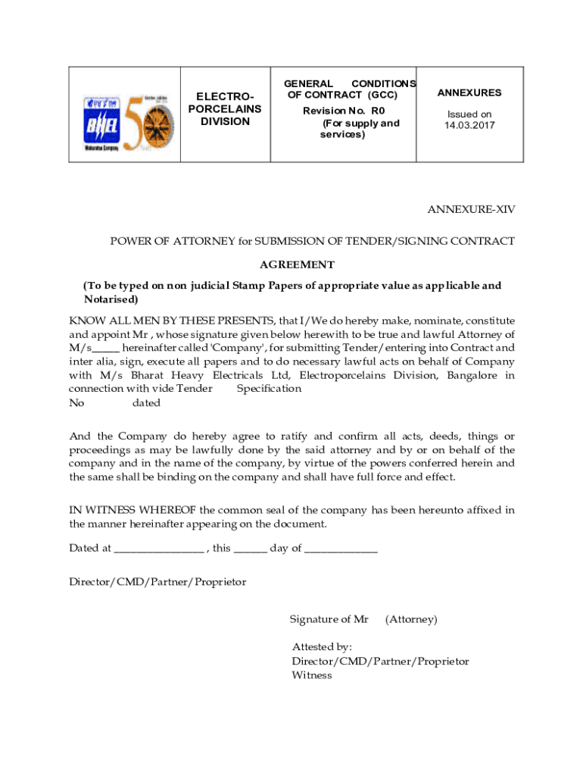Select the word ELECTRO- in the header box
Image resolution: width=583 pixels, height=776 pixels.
coord(225,96)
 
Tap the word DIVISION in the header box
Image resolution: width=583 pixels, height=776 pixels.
coord(225,121)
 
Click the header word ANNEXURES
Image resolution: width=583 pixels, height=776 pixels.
coord(469,92)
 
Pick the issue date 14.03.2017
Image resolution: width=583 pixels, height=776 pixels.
coord(469,126)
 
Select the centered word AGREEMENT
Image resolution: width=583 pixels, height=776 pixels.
coord(297,264)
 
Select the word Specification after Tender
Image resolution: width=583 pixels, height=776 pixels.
coord(269,389)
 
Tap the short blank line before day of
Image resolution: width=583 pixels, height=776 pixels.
coord(251,549)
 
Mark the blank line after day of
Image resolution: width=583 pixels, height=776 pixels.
coord(341,549)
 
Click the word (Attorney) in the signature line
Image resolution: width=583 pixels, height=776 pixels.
coord(411,619)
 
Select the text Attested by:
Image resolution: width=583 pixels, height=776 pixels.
coord(323,646)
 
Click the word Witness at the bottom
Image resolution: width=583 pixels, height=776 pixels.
coord(312,675)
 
